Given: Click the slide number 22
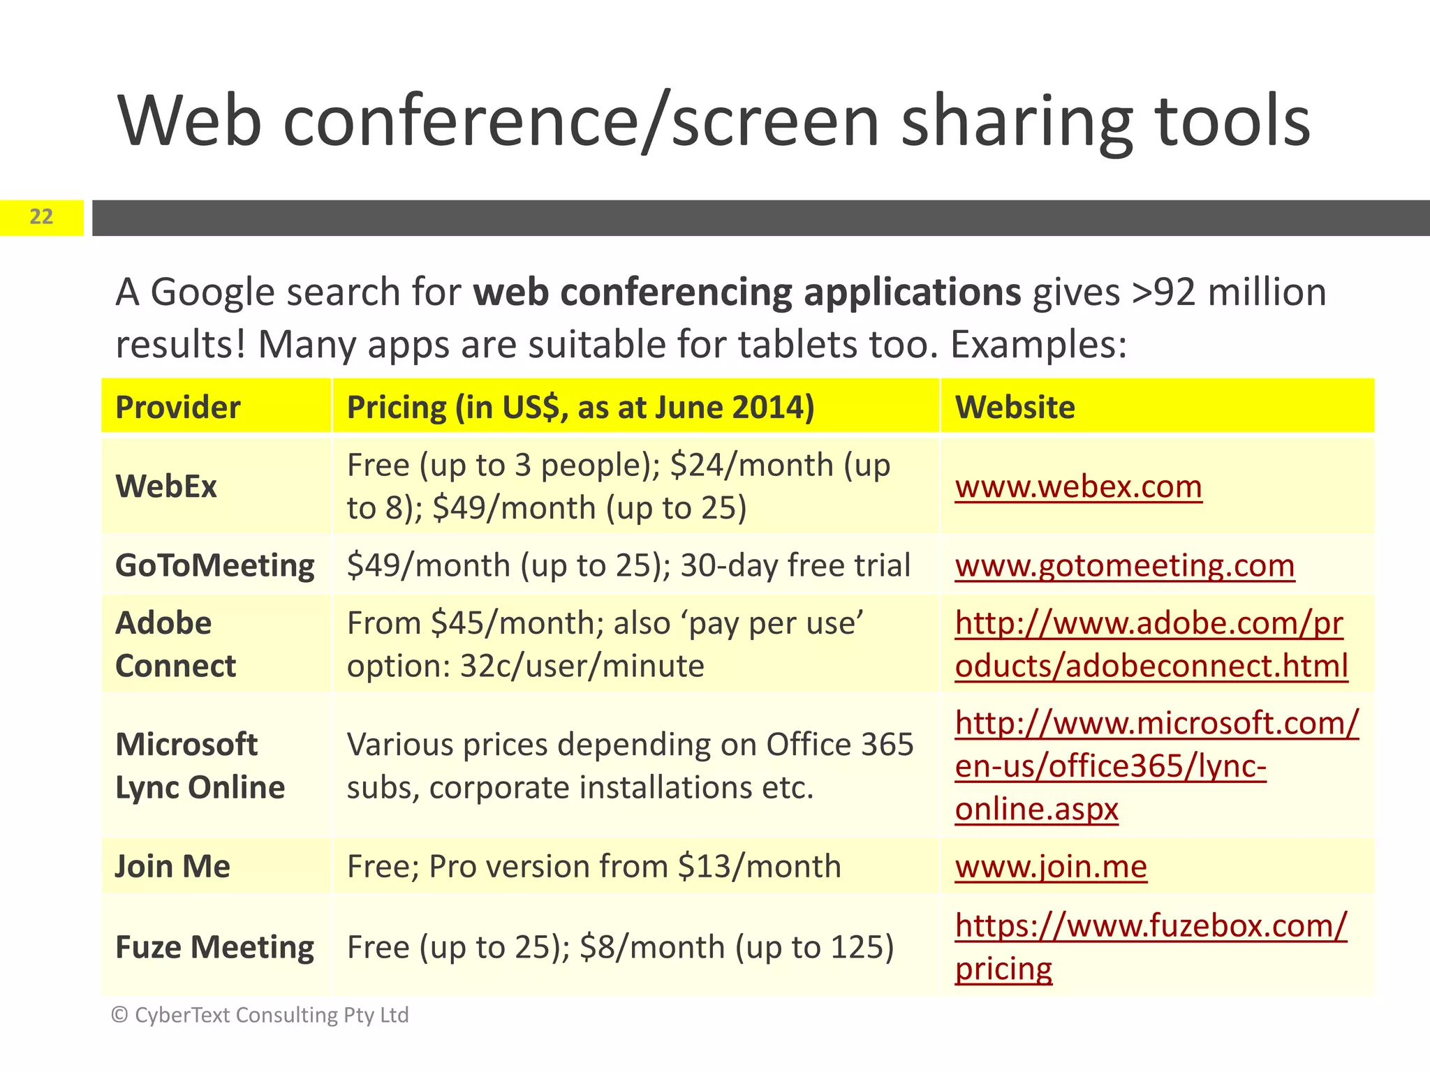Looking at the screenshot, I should coord(41,217).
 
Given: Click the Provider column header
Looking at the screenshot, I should coord(177,407).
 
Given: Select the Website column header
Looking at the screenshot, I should coord(1015,407).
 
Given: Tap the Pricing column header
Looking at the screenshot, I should coord(580,407).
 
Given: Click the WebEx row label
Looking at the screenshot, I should coord(166,486).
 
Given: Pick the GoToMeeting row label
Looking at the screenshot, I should coord(215,565).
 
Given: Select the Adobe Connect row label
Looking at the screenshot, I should coord(175,644).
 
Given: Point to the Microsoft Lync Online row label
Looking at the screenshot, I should coord(200,766).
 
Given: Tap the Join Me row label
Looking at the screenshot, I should coord(172,866).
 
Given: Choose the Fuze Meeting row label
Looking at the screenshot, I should coord(214,947).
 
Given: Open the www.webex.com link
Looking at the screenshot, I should coord(1078,486).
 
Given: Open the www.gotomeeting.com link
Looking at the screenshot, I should coord(1124,565).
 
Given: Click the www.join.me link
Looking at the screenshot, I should coord(1051,867).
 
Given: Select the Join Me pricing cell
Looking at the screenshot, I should coord(594,867).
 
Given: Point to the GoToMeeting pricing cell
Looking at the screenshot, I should coord(628,565).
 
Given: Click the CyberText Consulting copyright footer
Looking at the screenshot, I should coord(260,1015).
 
